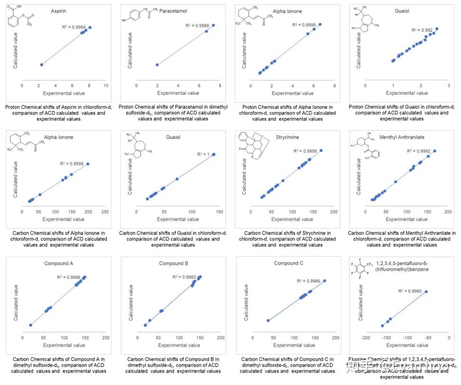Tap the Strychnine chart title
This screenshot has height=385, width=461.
[288, 137]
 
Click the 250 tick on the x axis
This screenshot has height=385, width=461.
[105, 212]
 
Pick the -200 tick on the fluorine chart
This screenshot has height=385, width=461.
[366, 338]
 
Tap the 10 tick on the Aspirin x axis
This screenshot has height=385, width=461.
[106, 85]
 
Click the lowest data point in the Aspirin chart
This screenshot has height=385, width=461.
[42, 65]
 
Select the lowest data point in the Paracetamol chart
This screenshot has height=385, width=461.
[157, 65]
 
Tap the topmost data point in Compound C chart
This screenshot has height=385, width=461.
[325, 281]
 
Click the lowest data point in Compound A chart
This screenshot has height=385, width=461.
[31, 325]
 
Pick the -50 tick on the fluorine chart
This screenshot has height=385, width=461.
[428, 338]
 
